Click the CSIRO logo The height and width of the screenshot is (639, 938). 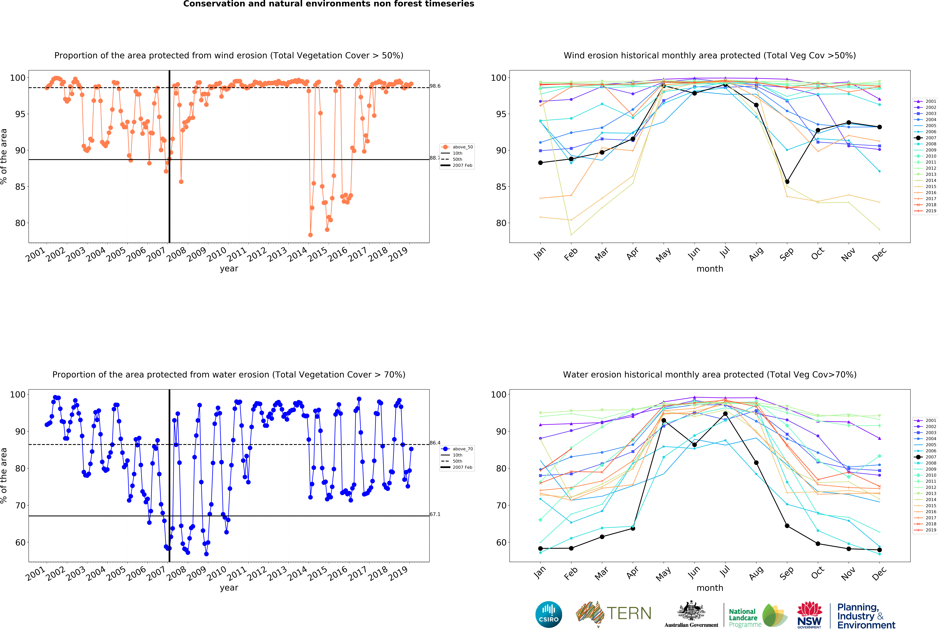[549, 614]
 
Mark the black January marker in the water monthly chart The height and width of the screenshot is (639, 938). [540, 549]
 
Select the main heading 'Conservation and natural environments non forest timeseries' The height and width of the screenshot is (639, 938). [329, 4]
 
